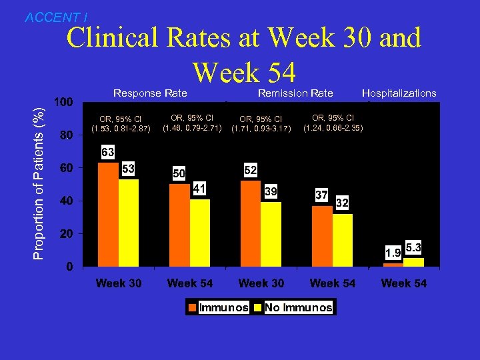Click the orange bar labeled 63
108,214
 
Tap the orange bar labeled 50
179,225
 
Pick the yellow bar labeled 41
199,233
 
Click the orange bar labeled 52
251,223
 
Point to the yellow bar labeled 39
271,234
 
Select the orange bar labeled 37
322,236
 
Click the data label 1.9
393,253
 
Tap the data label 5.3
413,248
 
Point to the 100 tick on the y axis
63,103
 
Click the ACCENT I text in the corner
55,17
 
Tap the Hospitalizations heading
399,93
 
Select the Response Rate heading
150,93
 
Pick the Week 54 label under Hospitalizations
404,283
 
